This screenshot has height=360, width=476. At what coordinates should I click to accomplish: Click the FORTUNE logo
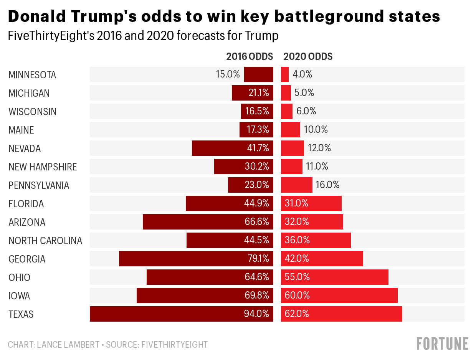[442, 343]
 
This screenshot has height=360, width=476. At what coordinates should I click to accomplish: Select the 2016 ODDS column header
[250, 57]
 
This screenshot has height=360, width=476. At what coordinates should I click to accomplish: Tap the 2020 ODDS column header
[308, 57]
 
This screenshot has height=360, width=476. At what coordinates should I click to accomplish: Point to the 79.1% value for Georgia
[258, 259]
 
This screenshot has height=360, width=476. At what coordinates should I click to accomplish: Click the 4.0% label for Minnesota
[302, 74]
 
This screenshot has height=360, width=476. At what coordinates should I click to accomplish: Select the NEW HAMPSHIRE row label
[43, 167]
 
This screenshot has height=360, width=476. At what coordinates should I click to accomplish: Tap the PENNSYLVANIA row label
[39, 185]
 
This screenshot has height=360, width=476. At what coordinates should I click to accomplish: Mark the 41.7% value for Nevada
[258, 148]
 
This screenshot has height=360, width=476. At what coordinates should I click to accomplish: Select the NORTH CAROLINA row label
[45, 241]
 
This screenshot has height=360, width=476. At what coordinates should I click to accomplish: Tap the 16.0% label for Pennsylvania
[328, 185]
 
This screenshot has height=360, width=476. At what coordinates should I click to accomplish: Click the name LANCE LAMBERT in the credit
[68, 345]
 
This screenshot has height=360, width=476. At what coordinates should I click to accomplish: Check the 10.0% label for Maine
[316, 130]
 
